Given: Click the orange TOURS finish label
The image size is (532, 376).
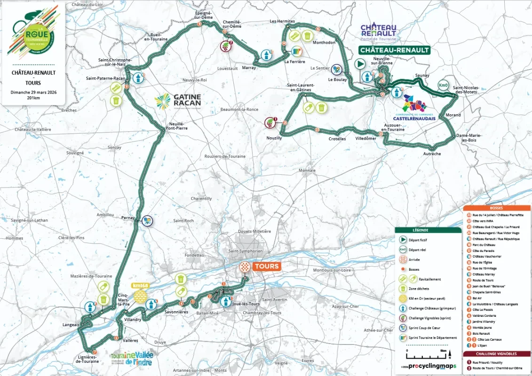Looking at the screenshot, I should pyautogui.click(x=267, y=266).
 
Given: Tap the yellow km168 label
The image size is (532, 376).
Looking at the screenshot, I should pyautogui.click(x=141, y=286).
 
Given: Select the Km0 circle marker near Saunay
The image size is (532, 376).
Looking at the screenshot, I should pyautogui.click(x=443, y=85).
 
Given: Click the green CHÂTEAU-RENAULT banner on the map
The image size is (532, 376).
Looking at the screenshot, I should pyautogui.click(x=394, y=50).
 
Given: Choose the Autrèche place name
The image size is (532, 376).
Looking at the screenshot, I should pyautogui.click(x=432, y=154).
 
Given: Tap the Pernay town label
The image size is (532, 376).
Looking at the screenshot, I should pyautogui.click(x=128, y=218).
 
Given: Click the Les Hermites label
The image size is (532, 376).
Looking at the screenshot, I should pyautogui.click(x=282, y=21).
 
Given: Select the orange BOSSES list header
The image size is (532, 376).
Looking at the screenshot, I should pyautogui.click(x=496, y=208).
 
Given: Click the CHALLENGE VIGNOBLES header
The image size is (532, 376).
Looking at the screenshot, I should pyautogui.click(x=496, y=354).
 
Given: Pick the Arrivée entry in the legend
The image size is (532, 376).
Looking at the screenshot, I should pyautogui.click(x=414, y=259).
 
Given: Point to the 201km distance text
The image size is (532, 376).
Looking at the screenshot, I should pyautogui.click(x=33, y=98).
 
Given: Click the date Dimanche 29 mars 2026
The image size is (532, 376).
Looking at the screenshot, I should pyautogui.click(x=33, y=92).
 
